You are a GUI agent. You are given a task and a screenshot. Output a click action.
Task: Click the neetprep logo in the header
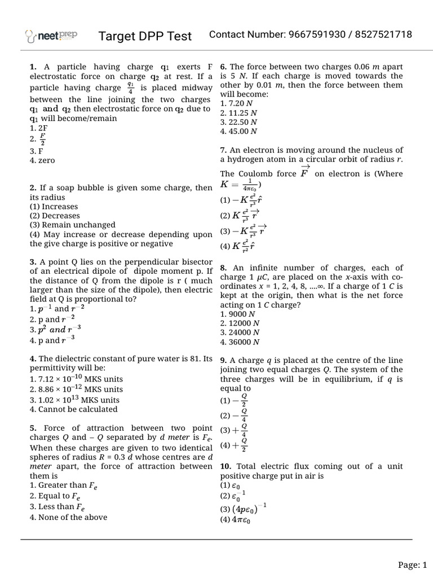[52, 36]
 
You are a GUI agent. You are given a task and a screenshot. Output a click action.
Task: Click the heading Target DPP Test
[145, 36]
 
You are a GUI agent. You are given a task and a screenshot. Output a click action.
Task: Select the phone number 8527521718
[383, 35]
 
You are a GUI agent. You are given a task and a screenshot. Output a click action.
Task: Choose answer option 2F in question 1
[39, 128]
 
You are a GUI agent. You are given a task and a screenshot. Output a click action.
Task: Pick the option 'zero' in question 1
[42, 160]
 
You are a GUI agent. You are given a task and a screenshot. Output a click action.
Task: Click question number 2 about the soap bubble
[33, 188]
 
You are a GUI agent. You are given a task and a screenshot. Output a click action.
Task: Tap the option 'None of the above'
[68, 517]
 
